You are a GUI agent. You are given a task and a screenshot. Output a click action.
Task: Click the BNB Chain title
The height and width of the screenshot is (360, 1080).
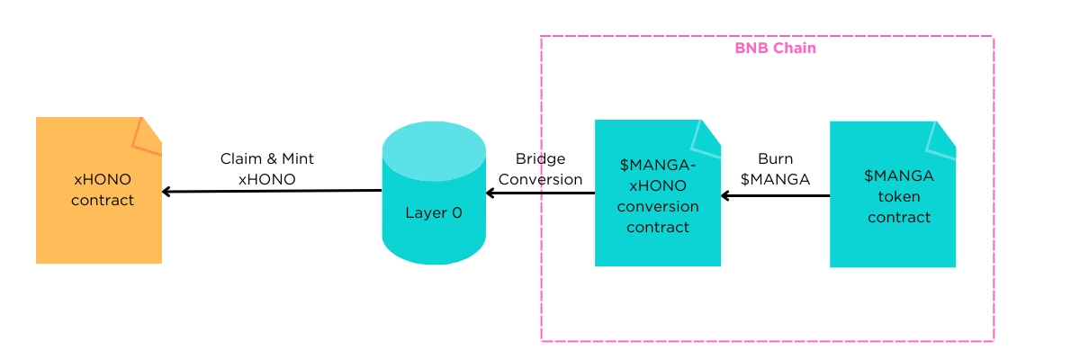pyautogui.click(x=775, y=48)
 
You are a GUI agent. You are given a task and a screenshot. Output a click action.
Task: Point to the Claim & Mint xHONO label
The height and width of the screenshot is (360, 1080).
pyautogui.click(x=267, y=168)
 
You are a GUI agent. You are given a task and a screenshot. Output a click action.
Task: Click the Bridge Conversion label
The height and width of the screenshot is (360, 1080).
pyautogui.click(x=540, y=169)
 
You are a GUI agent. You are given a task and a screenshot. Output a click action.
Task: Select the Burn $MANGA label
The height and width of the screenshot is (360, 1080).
pyautogui.click(x=775, y=169)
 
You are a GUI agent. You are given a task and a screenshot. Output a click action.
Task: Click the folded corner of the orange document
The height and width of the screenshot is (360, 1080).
pyautogui.click(x=148, y=133)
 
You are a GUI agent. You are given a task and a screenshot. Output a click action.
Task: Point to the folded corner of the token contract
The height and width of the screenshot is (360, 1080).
pyautogui.click(x=942, y=136)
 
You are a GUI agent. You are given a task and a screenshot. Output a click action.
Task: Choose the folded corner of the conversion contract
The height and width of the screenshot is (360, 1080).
pyautogui.click(x=708, y=134)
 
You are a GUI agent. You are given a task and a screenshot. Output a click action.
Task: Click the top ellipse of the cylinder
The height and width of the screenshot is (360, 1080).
pyautogui.click(x=434, y=148)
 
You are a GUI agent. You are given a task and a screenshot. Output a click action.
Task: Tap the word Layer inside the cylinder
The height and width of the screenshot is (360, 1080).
pyautogui.click(x=424, y=213)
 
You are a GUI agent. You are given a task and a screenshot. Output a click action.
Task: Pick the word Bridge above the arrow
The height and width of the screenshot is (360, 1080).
pyautogui.click(x=540, y=159)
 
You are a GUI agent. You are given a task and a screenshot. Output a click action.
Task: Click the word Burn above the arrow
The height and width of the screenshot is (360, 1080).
pyautogui.click(x=775, y=159)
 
